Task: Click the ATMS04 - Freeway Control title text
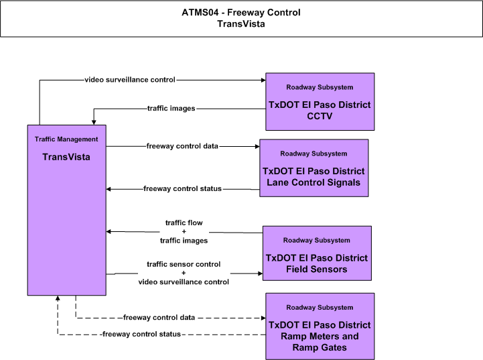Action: (241, 13)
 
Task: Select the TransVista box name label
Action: (66, 157)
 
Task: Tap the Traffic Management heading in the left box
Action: (66, 139)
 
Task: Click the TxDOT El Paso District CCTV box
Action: (320, 102)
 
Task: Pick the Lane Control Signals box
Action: (314, 168)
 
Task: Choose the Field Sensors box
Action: (317, 253)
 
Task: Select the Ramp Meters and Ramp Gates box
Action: (320, 326)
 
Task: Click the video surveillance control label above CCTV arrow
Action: (130, 80)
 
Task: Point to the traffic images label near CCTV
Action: (171, 109)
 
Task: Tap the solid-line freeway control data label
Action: (182, 146)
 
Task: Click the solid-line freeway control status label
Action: (182, 188)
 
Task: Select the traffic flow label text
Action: (184, 223)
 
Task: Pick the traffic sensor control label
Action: (184, 264)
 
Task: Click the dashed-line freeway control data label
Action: (159, 318)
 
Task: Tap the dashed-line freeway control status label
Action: (141, 334)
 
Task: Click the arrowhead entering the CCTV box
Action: (263, 80)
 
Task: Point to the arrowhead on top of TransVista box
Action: (94, 123)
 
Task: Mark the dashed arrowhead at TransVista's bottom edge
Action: (58, 298)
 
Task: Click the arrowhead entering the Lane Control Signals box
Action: (257, 146)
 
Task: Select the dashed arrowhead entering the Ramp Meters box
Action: (263, 318)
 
